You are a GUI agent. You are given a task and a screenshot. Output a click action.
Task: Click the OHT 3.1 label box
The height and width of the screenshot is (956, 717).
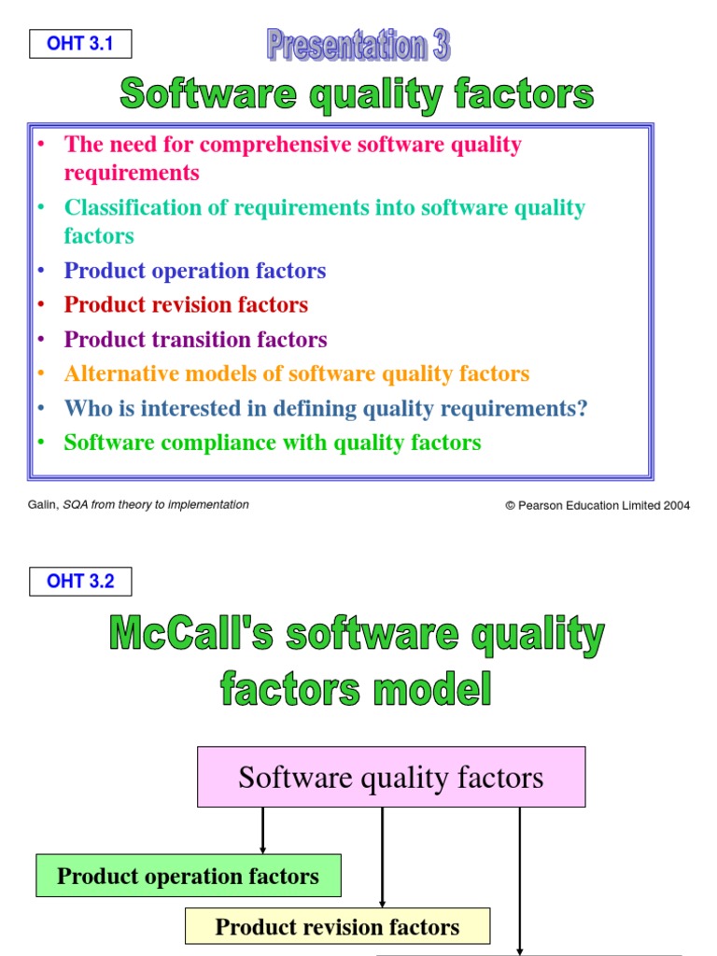tap(80, 44)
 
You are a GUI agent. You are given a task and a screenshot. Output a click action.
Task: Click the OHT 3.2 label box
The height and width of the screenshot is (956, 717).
tap(80, 581)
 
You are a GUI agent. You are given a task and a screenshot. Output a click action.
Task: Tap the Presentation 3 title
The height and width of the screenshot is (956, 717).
tap(358, 45)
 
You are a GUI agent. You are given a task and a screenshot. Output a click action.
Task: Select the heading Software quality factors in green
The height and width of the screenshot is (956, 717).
tap(357, 94)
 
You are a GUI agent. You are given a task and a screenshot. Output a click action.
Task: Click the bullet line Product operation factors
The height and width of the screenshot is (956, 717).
tap(194, 271)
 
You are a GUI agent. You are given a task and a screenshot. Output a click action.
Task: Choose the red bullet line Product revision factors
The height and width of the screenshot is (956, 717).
tap(186, 305)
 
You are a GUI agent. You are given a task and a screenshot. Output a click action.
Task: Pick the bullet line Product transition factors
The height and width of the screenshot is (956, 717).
tap(195, 340)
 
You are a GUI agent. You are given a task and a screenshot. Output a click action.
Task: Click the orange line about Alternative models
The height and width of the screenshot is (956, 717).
tap(296, 374)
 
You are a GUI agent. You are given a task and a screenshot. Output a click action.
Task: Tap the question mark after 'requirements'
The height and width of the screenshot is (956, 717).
tap(583, 409)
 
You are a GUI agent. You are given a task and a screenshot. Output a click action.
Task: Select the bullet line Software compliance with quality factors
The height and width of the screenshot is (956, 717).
tap(272, 443)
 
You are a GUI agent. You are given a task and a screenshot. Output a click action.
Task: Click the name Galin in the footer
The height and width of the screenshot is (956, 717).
tap(43, 505)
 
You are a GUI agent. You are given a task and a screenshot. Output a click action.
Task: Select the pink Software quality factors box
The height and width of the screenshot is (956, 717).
tap(391, 777)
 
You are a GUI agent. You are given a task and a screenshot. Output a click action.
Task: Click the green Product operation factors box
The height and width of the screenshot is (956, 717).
tap(188, 876)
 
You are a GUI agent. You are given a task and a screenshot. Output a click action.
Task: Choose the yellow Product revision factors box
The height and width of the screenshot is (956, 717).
tap(337, 927)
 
